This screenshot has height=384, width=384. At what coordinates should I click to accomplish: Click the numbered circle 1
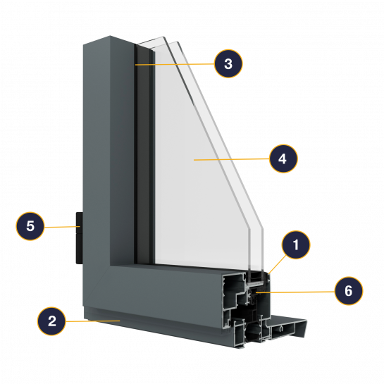pos(296,244)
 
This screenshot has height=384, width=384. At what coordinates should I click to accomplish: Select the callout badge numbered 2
pos(51,321)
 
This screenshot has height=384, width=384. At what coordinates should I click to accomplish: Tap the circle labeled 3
pos(228,63)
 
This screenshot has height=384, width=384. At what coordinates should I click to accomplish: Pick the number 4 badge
pos(283,159)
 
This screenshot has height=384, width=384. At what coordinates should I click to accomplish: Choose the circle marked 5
pos(30,225)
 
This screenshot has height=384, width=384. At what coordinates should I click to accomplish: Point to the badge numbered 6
pos(349,291)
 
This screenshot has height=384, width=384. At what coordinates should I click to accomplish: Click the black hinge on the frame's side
pos(80,238)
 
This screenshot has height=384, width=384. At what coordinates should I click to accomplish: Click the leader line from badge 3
pos(175,64)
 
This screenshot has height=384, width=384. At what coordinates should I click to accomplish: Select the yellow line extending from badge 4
pos(232,159)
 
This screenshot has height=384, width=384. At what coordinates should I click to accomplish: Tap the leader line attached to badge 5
pos(62,227)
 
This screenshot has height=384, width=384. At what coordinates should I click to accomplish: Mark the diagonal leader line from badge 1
pos(278,264)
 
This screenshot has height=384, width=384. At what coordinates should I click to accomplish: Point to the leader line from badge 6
pos(295,292)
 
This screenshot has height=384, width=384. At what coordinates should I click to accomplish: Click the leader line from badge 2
pos(93,321)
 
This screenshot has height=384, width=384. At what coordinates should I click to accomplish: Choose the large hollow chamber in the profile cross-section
pos(233,285)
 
